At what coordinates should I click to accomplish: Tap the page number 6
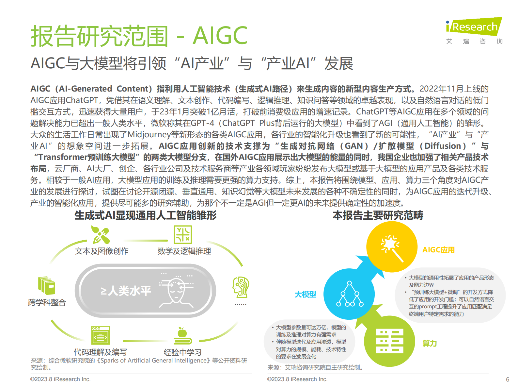508,380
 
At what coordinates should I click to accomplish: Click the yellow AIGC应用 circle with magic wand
392,247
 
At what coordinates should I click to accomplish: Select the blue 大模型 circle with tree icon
349,294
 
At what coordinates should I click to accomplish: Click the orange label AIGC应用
438,250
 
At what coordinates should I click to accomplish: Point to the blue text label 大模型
305,295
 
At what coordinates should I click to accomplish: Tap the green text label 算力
430,344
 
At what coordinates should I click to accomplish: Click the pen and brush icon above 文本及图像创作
101,235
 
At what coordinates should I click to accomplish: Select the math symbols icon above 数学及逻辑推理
183,235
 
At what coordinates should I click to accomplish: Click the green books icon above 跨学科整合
47,285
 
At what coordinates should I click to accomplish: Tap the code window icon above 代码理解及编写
101,335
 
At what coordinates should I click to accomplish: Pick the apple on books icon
182,336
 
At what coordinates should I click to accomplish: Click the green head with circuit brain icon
241,287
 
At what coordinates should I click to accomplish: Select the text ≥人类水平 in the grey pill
126,291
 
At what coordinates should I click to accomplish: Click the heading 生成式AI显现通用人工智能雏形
146,215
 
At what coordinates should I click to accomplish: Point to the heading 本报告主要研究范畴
378,215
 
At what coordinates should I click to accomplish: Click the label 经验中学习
182,352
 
